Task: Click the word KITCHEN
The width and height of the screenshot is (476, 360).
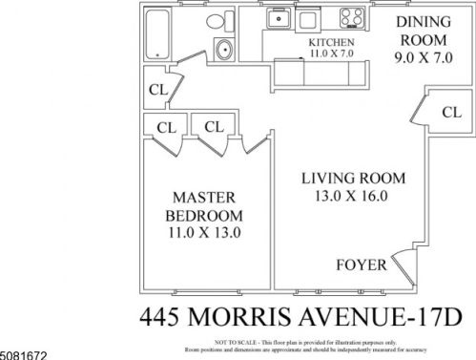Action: click(332, 43)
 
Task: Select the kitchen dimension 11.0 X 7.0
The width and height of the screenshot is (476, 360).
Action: click(332, 54)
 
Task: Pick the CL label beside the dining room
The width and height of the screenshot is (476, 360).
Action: click(450, 112)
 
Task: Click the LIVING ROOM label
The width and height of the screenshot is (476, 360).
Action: click(354, 179)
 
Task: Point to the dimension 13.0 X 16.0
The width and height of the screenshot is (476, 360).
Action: click(354, 197)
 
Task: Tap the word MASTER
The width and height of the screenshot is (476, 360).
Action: click(203, 196)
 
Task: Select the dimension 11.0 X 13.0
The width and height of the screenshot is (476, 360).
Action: click(203, 230)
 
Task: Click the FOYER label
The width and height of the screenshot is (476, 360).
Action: click(362, 265)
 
